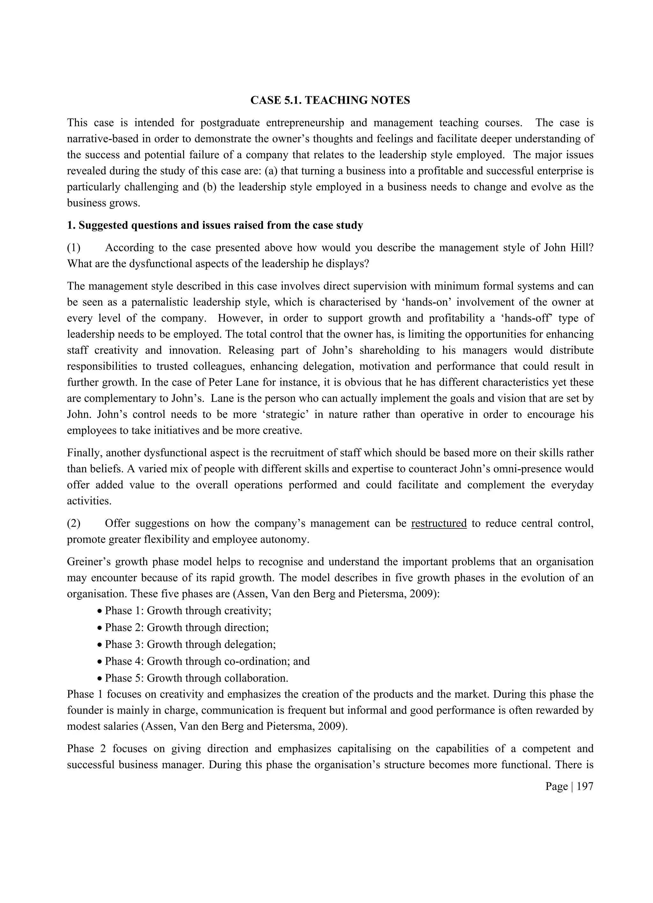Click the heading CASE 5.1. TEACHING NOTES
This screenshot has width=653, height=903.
coord(330,100)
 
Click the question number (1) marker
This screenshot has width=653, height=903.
coord(74,248)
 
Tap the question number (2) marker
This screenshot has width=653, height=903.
coord(74,523)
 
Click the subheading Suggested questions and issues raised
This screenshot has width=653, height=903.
coord(215,226)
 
